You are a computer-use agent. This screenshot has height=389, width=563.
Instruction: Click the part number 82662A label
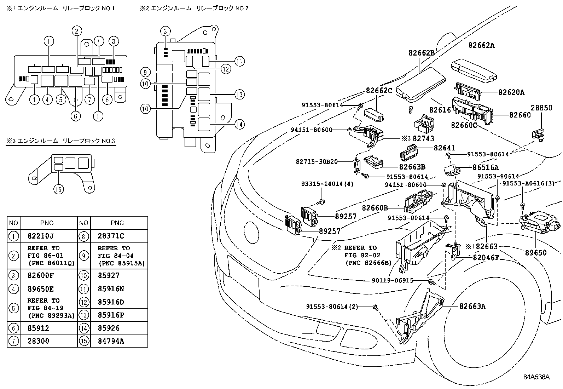(481, 45)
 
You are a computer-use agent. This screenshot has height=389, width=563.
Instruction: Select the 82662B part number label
(422, 53)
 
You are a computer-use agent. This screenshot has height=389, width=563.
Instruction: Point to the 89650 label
(536, 253)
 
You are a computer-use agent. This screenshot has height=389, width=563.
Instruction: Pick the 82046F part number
(486, 258)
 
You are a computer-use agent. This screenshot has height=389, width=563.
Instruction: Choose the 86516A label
(486, 167)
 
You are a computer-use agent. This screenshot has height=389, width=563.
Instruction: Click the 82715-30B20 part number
(317, 162)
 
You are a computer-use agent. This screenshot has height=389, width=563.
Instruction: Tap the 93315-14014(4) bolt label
(327, 184)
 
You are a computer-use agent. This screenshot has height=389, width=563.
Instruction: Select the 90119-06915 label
(393, 280)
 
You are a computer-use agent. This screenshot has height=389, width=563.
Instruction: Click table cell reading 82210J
(41, 236)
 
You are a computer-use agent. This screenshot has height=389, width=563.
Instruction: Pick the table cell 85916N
(111, 289)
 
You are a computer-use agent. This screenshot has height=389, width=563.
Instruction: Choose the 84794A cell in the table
(111, 341)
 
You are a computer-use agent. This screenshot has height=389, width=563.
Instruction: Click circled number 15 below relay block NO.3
(59, 189)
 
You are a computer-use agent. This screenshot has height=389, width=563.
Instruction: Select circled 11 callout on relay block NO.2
(240, 61)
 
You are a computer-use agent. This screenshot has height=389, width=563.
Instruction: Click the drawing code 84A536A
(536, 377)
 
